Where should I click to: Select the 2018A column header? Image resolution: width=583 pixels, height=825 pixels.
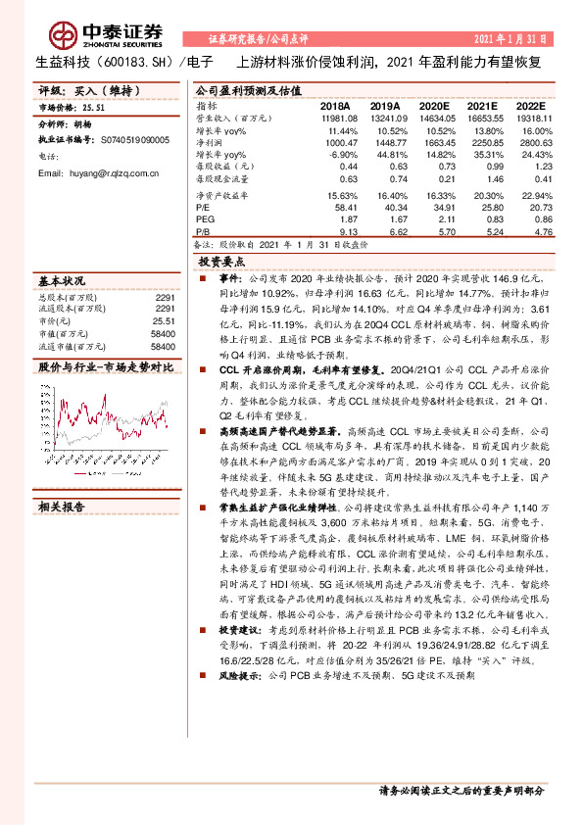(x=334, y=106)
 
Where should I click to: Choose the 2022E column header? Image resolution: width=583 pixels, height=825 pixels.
(x=527, y=106)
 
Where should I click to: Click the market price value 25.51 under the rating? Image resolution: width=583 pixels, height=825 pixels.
(x=94, y=109)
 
